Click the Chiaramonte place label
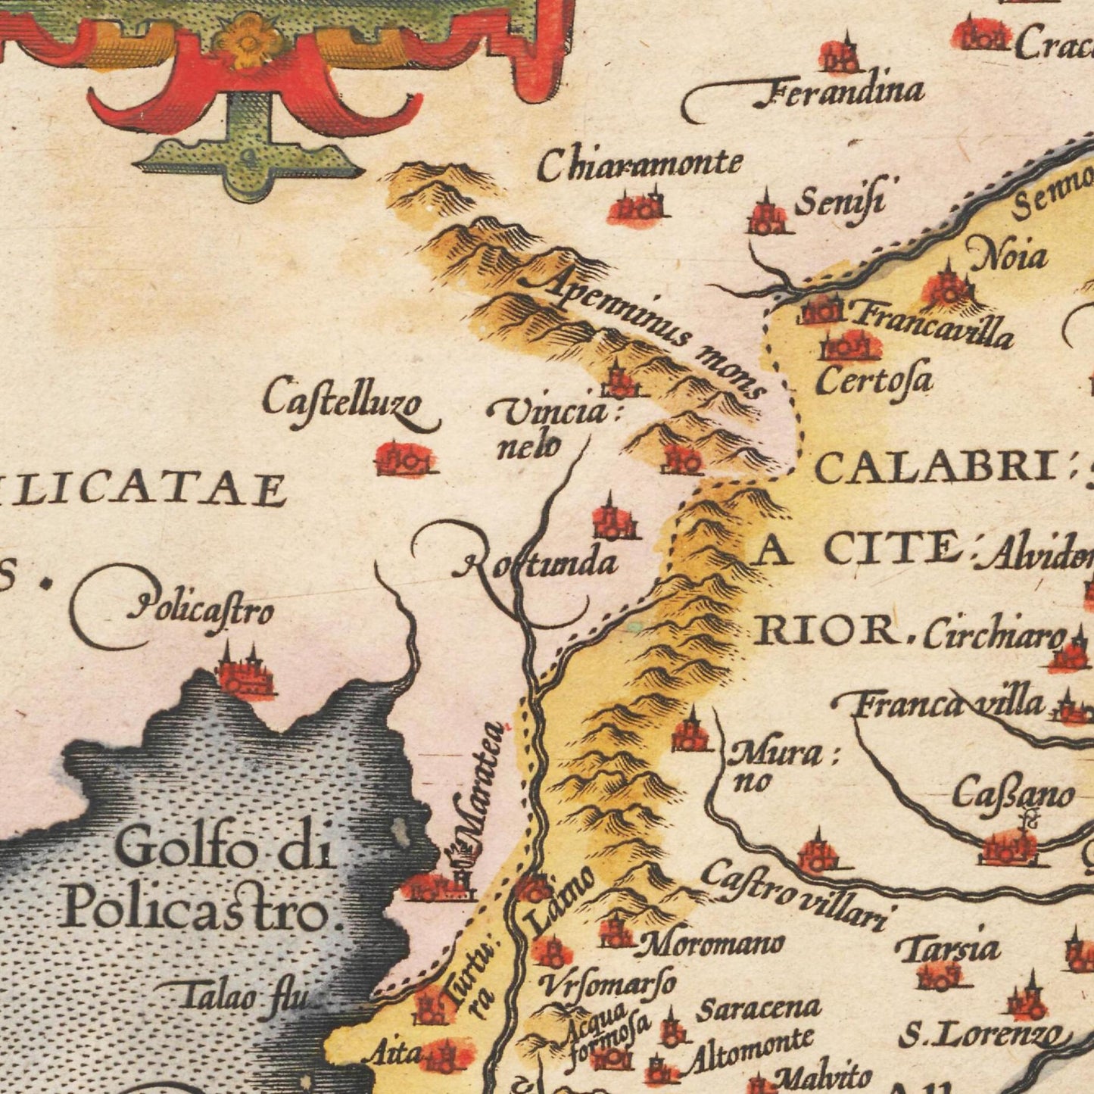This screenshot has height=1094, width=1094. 640,165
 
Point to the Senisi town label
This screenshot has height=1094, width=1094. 840,202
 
